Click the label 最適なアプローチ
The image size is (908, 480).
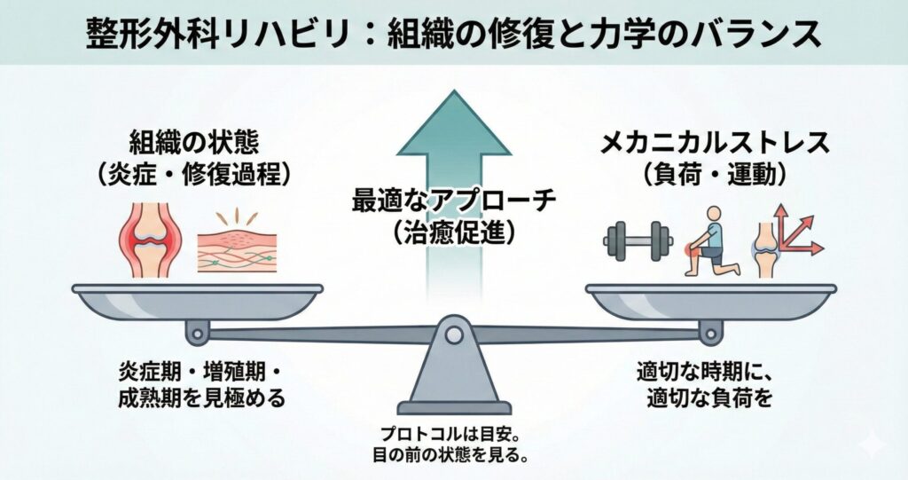(453, 201)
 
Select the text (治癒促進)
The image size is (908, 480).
(453, 232)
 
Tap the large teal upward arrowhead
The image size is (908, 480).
(453, 124)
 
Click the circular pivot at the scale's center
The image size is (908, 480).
(453, 335)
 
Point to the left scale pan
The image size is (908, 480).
(197, 300)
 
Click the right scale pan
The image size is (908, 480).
(710, 300)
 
